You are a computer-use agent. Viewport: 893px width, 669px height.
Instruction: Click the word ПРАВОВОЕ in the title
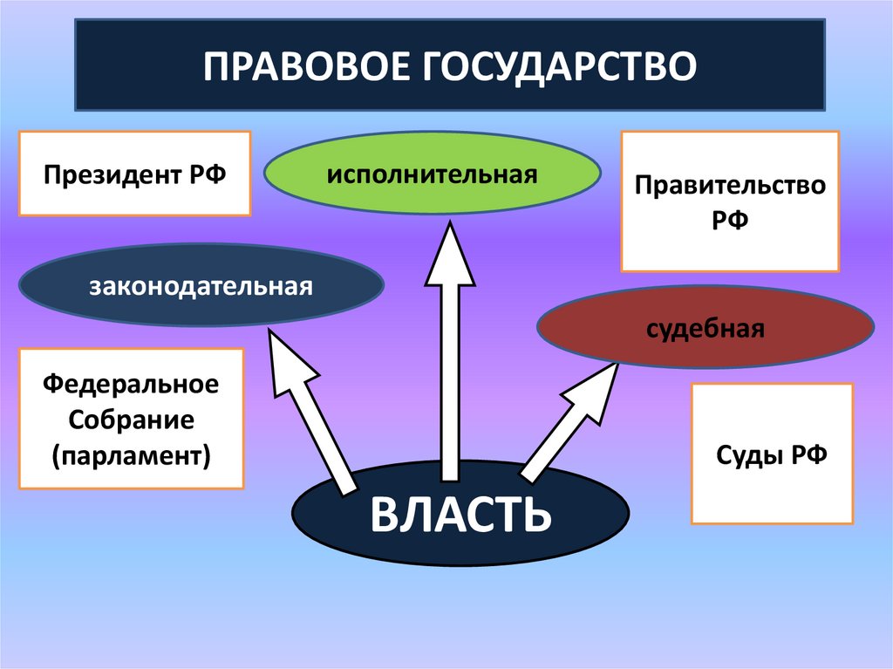tap(310, 66)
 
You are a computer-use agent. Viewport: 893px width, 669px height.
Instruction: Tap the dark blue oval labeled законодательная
tap(201, 285)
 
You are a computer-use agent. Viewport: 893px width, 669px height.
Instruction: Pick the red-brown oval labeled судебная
tap(706, 329)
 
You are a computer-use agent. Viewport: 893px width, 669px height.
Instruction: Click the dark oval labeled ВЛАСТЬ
tap(460, 514)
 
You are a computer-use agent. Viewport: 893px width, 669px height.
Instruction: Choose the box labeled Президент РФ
tap(135, 174)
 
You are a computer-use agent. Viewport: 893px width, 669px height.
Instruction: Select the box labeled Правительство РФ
tap(730, 201)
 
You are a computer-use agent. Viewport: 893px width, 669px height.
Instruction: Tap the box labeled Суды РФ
tap(772, 454)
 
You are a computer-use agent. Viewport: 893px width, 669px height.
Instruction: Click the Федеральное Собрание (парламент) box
tap(131, 419)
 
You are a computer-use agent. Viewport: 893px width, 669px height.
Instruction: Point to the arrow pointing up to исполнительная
tap(450, 349)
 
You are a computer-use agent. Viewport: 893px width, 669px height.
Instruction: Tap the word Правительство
tap(730, 186)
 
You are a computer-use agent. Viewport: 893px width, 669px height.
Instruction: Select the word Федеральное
tap(131, 384)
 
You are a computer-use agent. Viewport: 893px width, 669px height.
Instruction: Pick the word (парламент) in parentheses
tap(131, 454)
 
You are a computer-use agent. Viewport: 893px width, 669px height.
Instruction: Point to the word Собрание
tap(131, 419)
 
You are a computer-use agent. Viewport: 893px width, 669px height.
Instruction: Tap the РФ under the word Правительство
tap(730, 220)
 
